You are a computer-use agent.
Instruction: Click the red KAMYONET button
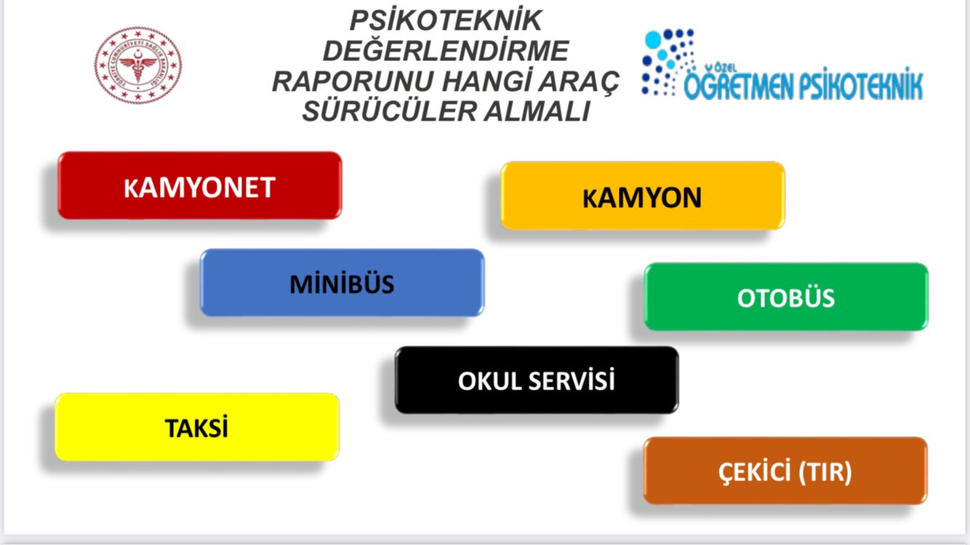(x=200, y=185)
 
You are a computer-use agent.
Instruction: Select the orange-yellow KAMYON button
(x=643, y=195)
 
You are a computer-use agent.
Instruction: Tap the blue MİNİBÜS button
(x=342, y=283)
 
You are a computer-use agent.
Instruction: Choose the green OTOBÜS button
(x=786, y=297)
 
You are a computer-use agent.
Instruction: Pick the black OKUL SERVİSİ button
(x=537, y=380)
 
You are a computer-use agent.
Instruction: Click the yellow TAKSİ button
(x=197, y=427)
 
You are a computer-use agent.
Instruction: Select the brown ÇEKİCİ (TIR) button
(x=785, y=471)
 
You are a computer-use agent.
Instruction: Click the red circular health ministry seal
(x=138, y=65)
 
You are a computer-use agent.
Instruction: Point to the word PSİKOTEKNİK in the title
(x=446, y=21)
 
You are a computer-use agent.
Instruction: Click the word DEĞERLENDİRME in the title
(x=446, y=51)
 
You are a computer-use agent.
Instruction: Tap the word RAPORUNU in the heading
(x=353, y=81)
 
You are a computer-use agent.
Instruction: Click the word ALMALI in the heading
(x=537, y=111)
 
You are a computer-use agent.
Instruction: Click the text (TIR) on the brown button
(x=825, y=472)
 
